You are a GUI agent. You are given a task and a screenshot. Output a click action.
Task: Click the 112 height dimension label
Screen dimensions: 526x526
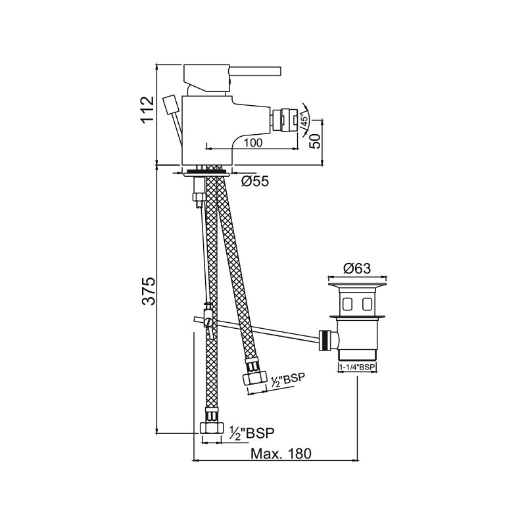click(x=147, y=110)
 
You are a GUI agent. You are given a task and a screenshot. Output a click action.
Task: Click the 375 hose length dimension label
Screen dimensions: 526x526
click(x=149, y=291)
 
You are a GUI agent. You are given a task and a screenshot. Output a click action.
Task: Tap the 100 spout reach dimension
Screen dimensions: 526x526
click(x=253, y=143)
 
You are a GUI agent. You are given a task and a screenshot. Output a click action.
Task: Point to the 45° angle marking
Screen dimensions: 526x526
click(x=304, y=120)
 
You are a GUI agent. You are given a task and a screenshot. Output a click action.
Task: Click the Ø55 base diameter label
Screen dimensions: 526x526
click(x=255, y=181)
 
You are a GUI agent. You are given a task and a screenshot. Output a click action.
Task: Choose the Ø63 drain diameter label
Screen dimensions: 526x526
click(x=357, y=268)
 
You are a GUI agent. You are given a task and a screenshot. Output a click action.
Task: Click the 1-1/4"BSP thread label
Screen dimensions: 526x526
click(x=357, y=368)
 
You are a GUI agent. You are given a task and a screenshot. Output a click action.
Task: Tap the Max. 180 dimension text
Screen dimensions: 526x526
click(x=281, y=454)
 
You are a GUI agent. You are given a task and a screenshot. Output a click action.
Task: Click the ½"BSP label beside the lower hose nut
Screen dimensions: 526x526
click(x=252, y=433)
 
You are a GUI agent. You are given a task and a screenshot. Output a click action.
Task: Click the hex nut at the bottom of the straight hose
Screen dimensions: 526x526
click(x=212, y=428)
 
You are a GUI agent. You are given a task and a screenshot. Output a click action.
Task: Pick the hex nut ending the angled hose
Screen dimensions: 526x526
click(x=254, y=378)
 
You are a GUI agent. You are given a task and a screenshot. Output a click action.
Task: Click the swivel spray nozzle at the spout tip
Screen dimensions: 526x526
click(x=285, y=119)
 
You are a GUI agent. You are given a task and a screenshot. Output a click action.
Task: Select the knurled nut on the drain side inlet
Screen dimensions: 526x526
click(x=324, y=341)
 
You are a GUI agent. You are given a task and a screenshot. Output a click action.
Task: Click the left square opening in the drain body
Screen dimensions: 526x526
click(x=347, y=304)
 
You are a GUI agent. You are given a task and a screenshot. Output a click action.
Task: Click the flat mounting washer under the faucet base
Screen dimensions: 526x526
click(x=207, y=174)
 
